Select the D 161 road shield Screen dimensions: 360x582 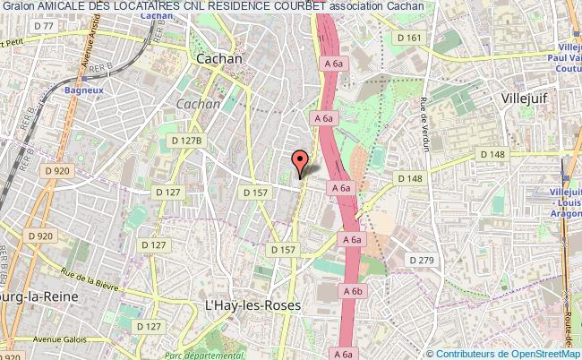[x=407, y=37]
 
